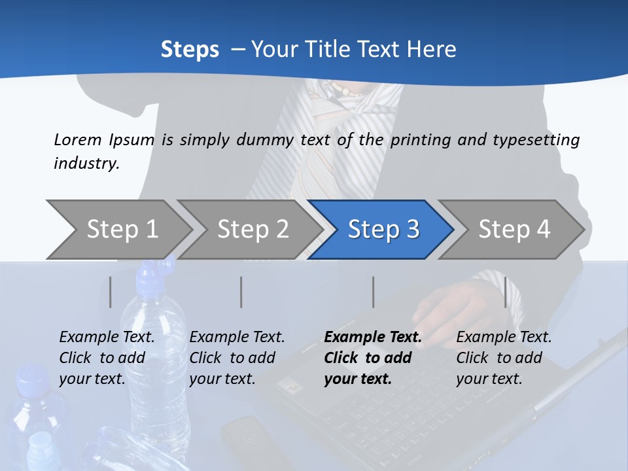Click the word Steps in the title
(190, 50)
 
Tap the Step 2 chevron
(253, 229)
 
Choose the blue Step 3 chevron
(383, 229)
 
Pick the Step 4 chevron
(514, 229)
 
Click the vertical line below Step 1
(111, 292)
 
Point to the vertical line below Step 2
(241, 292)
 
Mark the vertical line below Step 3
(373, 292)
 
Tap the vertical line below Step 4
(505, 292)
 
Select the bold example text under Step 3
(373, 358)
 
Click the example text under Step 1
(107, 358)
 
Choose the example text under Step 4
(504, 358)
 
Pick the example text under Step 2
(237, 358)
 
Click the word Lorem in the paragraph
(77, 139)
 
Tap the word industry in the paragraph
(86, 163)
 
